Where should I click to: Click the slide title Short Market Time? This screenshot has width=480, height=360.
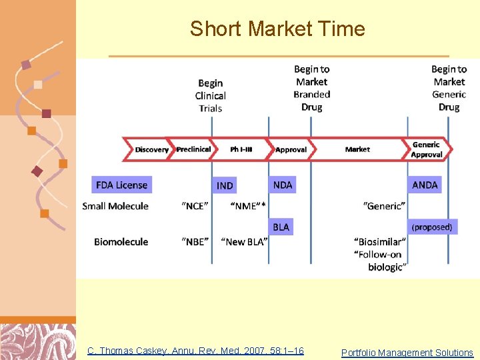277,29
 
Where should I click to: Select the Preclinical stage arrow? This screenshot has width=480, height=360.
193,149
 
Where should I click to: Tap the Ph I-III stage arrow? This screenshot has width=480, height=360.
241,149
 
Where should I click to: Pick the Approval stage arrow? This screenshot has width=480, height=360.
291,149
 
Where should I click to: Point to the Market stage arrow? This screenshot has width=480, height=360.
357,149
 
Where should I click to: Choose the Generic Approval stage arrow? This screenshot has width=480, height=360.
427,149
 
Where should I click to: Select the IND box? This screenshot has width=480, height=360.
225,185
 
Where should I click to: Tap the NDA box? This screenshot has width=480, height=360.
283,185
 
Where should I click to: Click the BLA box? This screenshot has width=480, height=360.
281,227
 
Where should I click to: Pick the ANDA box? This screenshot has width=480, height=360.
425,185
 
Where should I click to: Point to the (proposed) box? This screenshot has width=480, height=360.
431,227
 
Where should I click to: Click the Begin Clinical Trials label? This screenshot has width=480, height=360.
211,95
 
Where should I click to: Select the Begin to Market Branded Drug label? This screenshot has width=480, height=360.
311,88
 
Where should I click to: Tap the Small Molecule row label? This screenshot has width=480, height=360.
115,206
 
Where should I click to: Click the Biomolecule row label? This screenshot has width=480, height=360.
121,241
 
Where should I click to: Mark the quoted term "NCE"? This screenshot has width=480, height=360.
195,206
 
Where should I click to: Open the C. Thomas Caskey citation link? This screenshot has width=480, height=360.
195,351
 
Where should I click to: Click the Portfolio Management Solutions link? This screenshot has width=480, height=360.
407,353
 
